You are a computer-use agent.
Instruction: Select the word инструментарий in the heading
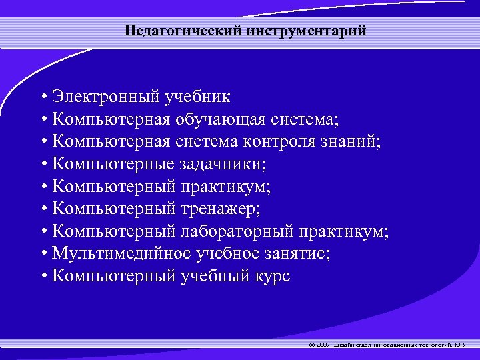pos(295,31)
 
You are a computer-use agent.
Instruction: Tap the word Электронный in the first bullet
pos(104,97)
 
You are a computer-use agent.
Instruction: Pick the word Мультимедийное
pos(121,254)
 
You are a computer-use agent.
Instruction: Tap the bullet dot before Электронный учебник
pos(43,97)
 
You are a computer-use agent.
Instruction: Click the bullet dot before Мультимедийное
pos(43,255)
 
